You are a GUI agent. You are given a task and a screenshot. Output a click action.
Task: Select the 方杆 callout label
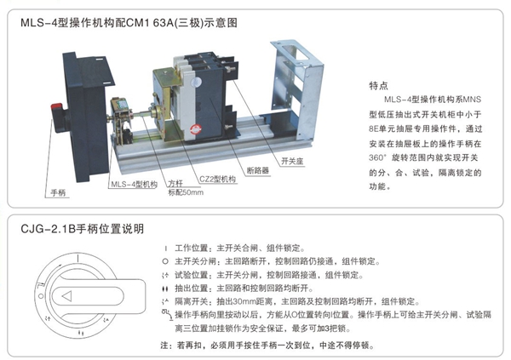(175, 183)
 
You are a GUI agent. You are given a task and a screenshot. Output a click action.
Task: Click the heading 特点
(379, 86)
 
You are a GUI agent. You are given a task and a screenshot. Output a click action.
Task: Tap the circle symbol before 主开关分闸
(164, 261)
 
